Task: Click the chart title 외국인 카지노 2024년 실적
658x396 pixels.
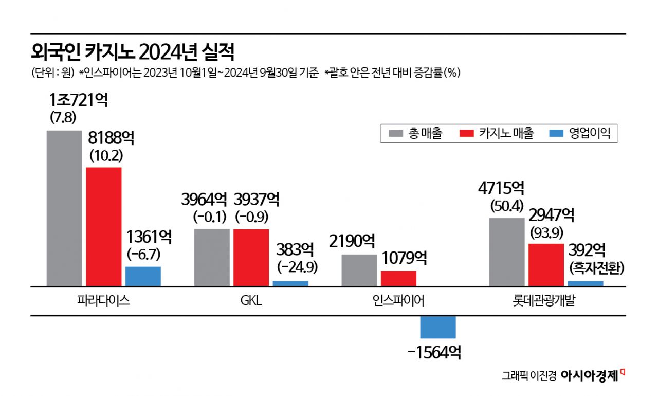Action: click(x=133, y=52)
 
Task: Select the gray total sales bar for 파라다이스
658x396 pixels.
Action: click(x=64, y=208)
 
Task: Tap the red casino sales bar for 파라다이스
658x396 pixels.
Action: click(x=104, y=226)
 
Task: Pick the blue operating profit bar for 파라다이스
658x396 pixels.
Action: click(x=143, y=276)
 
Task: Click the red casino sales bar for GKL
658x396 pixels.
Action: click(x=251, y=257)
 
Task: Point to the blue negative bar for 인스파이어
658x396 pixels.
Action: click(x=438, y=327)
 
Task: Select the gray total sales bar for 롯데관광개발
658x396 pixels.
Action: click(x=506, y=252)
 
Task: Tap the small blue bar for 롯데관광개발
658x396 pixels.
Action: click(x=586, y=283)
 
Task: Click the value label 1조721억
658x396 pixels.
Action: click(x=78, y=100)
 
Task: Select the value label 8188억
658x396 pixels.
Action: click(x=112, y=137)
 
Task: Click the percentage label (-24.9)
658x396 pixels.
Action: click(x=297, y=267)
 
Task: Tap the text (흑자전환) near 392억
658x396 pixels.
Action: click(x=596, y=268)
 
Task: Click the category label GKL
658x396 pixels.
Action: click(x=251, y=301)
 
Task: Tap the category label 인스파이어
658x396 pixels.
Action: click(x=398, y=301)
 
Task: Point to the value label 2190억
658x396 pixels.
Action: click(x=353, y=241)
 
